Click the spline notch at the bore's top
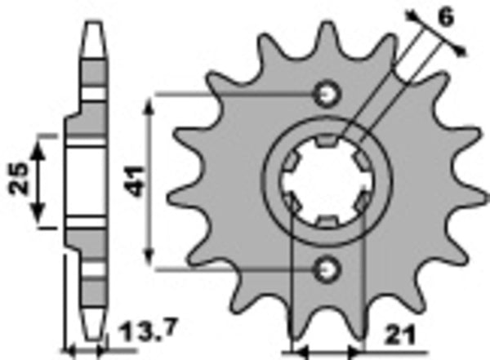(x=327, y=144)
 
